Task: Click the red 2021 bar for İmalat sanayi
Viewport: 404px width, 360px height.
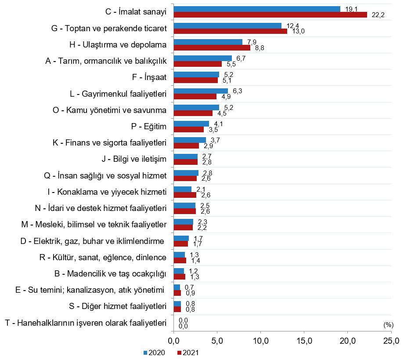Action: (x=270, y=15)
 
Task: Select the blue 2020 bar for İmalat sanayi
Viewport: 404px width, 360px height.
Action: (x=257, y=9)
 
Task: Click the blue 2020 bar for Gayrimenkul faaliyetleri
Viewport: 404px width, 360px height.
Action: (x=201, y=91)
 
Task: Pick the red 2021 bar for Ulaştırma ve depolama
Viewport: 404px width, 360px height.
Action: (x=212, y=47)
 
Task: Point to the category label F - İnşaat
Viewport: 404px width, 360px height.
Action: (x=149, y=77)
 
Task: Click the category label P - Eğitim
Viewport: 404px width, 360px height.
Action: (x=148, y=127)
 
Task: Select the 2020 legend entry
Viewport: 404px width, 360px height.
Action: (x=154, y=353)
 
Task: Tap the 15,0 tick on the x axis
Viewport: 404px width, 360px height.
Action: (x=304, y=341)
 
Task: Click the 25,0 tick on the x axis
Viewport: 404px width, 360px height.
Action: (x=391, y=341)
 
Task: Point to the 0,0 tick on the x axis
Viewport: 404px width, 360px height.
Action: (x=174, y=341)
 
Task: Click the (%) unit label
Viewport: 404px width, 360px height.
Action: (x=388, y=325)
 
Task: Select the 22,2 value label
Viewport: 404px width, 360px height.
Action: (x=378, y=15)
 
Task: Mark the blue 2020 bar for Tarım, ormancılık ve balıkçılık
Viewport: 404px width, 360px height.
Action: (x=202, y=58)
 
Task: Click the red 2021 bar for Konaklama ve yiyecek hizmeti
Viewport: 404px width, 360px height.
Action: (x=185, y=195)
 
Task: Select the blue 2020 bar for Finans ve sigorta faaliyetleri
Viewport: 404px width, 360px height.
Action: (x=190, y=140)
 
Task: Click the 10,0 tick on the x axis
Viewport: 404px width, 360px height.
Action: (x=261, y=341)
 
